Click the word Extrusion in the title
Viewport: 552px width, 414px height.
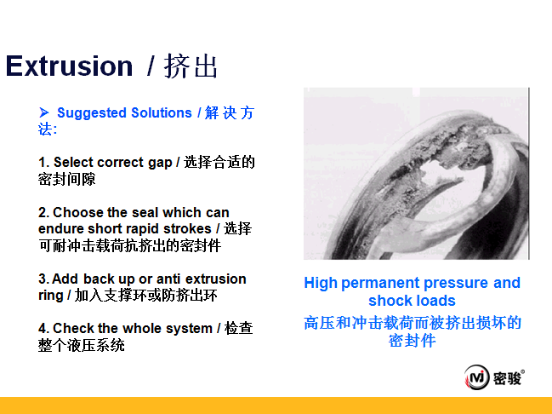point(70,66)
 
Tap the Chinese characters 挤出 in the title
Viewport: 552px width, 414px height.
point(191,66)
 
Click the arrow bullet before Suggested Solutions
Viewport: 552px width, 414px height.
point(44,112)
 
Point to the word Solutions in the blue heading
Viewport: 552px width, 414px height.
point(162,112)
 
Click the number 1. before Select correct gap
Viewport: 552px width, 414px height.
point(43,163)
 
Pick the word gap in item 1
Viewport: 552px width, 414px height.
point(160,164)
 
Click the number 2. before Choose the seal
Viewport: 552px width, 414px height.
point(44,213)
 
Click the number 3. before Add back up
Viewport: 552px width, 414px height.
point(44,279)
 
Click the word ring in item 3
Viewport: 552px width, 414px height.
point(50,296)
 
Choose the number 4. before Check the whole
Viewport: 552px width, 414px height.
point(44,328)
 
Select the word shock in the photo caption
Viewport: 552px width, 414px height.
point(389,301)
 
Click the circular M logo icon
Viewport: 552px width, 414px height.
point(476,377)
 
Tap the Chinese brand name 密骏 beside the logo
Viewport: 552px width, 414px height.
point(507,378)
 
